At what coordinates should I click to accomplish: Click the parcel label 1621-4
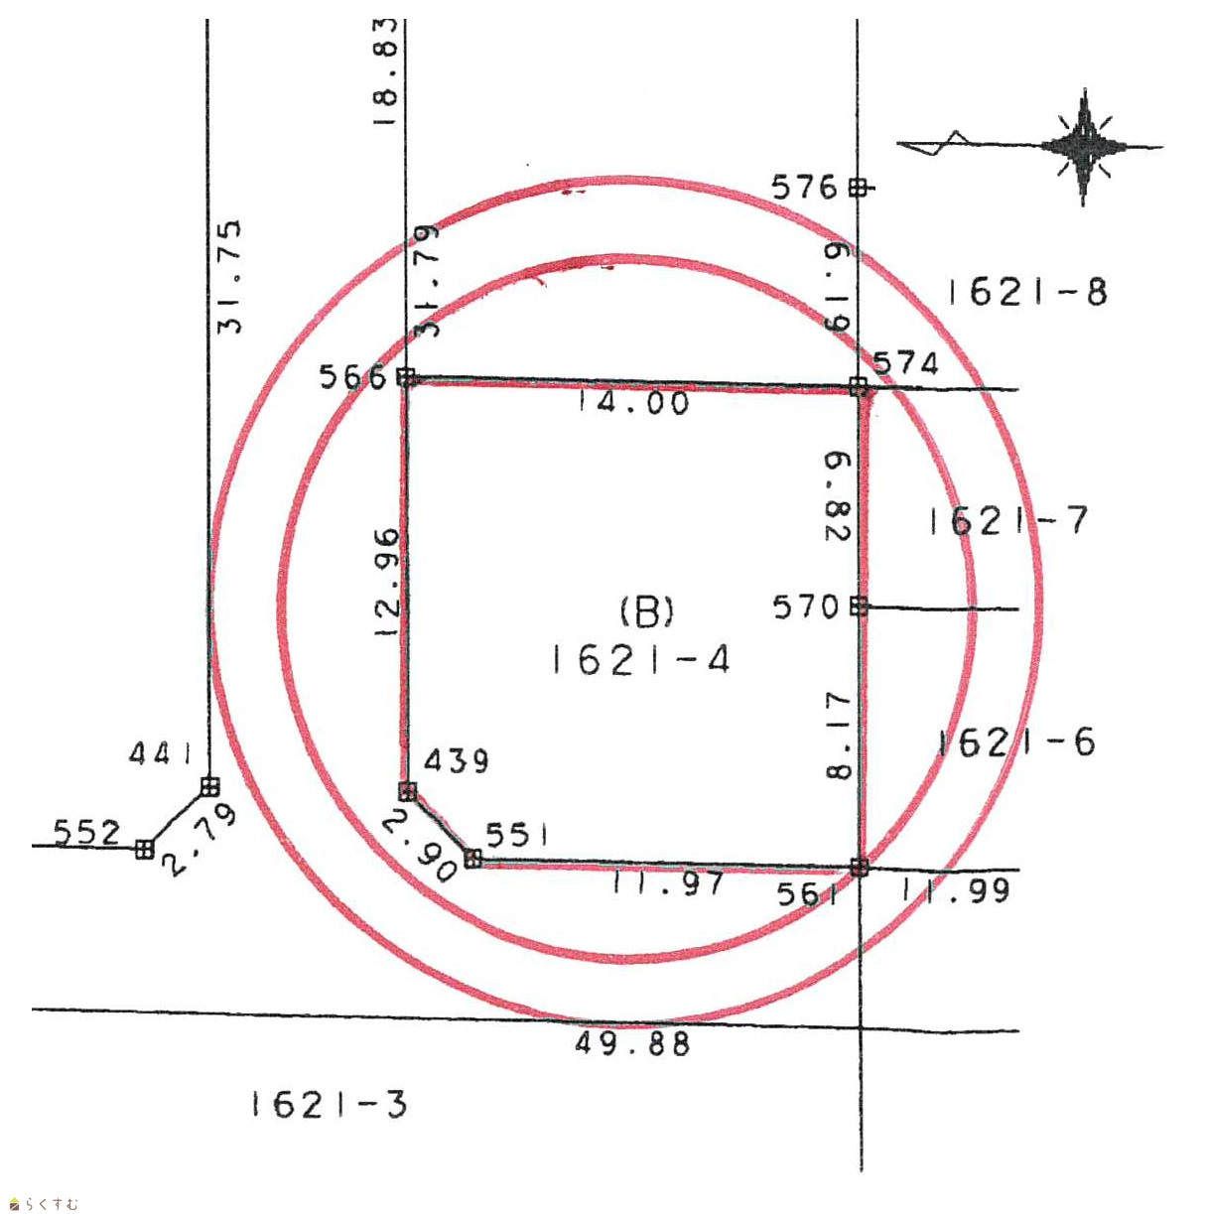pyautogui.click(x=640, y=660)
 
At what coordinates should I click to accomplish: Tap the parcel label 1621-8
pyautogui.click(x=1027, y=292)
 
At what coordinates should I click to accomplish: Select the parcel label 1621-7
pyautogui.click(x=1008, y=520)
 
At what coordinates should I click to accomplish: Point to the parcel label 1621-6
pyautogui.click(x=1016, y=742)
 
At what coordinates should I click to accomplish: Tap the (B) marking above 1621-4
pyautogui.click(x=647, y=611)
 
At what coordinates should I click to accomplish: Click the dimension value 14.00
pyautogui.click(x=633, y=403)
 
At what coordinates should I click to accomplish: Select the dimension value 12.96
pyautogui.click(x=386, y=582)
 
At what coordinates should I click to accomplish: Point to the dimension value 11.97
pyautogui.click(x=668, y=882)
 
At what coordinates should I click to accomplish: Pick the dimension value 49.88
pyautogui.click(x=632, y=1043)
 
